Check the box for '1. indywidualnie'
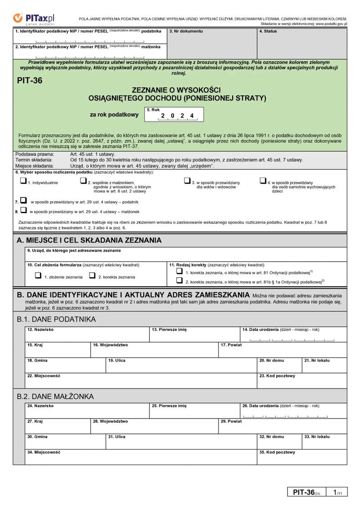coord(23,181)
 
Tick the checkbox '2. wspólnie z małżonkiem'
coord(83,181)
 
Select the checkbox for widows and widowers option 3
coord(187,181)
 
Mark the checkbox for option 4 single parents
coord(263,181)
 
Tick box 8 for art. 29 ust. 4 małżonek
coord(23,210)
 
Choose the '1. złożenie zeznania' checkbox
coord(38,276)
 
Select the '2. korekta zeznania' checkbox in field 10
coord(92,276)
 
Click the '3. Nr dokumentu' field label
coord(186,32)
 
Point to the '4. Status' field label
coord(268,32)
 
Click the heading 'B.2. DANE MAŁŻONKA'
coord(55,396)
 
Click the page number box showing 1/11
coord(337,493)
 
